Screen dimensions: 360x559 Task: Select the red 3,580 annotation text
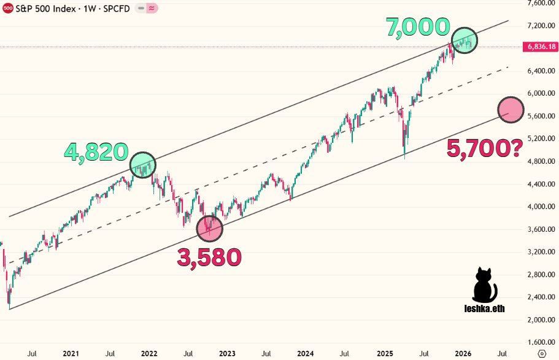tap(209, 258)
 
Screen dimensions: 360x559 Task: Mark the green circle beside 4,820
tap(143, 164)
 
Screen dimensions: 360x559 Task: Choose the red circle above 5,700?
tap(511, 110)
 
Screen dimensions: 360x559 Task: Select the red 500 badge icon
tap(8, 9)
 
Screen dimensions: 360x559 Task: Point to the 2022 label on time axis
tap(149, 353)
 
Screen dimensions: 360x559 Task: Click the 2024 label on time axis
tap(305, 353)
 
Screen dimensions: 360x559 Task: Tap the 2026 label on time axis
tap(462, 353)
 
